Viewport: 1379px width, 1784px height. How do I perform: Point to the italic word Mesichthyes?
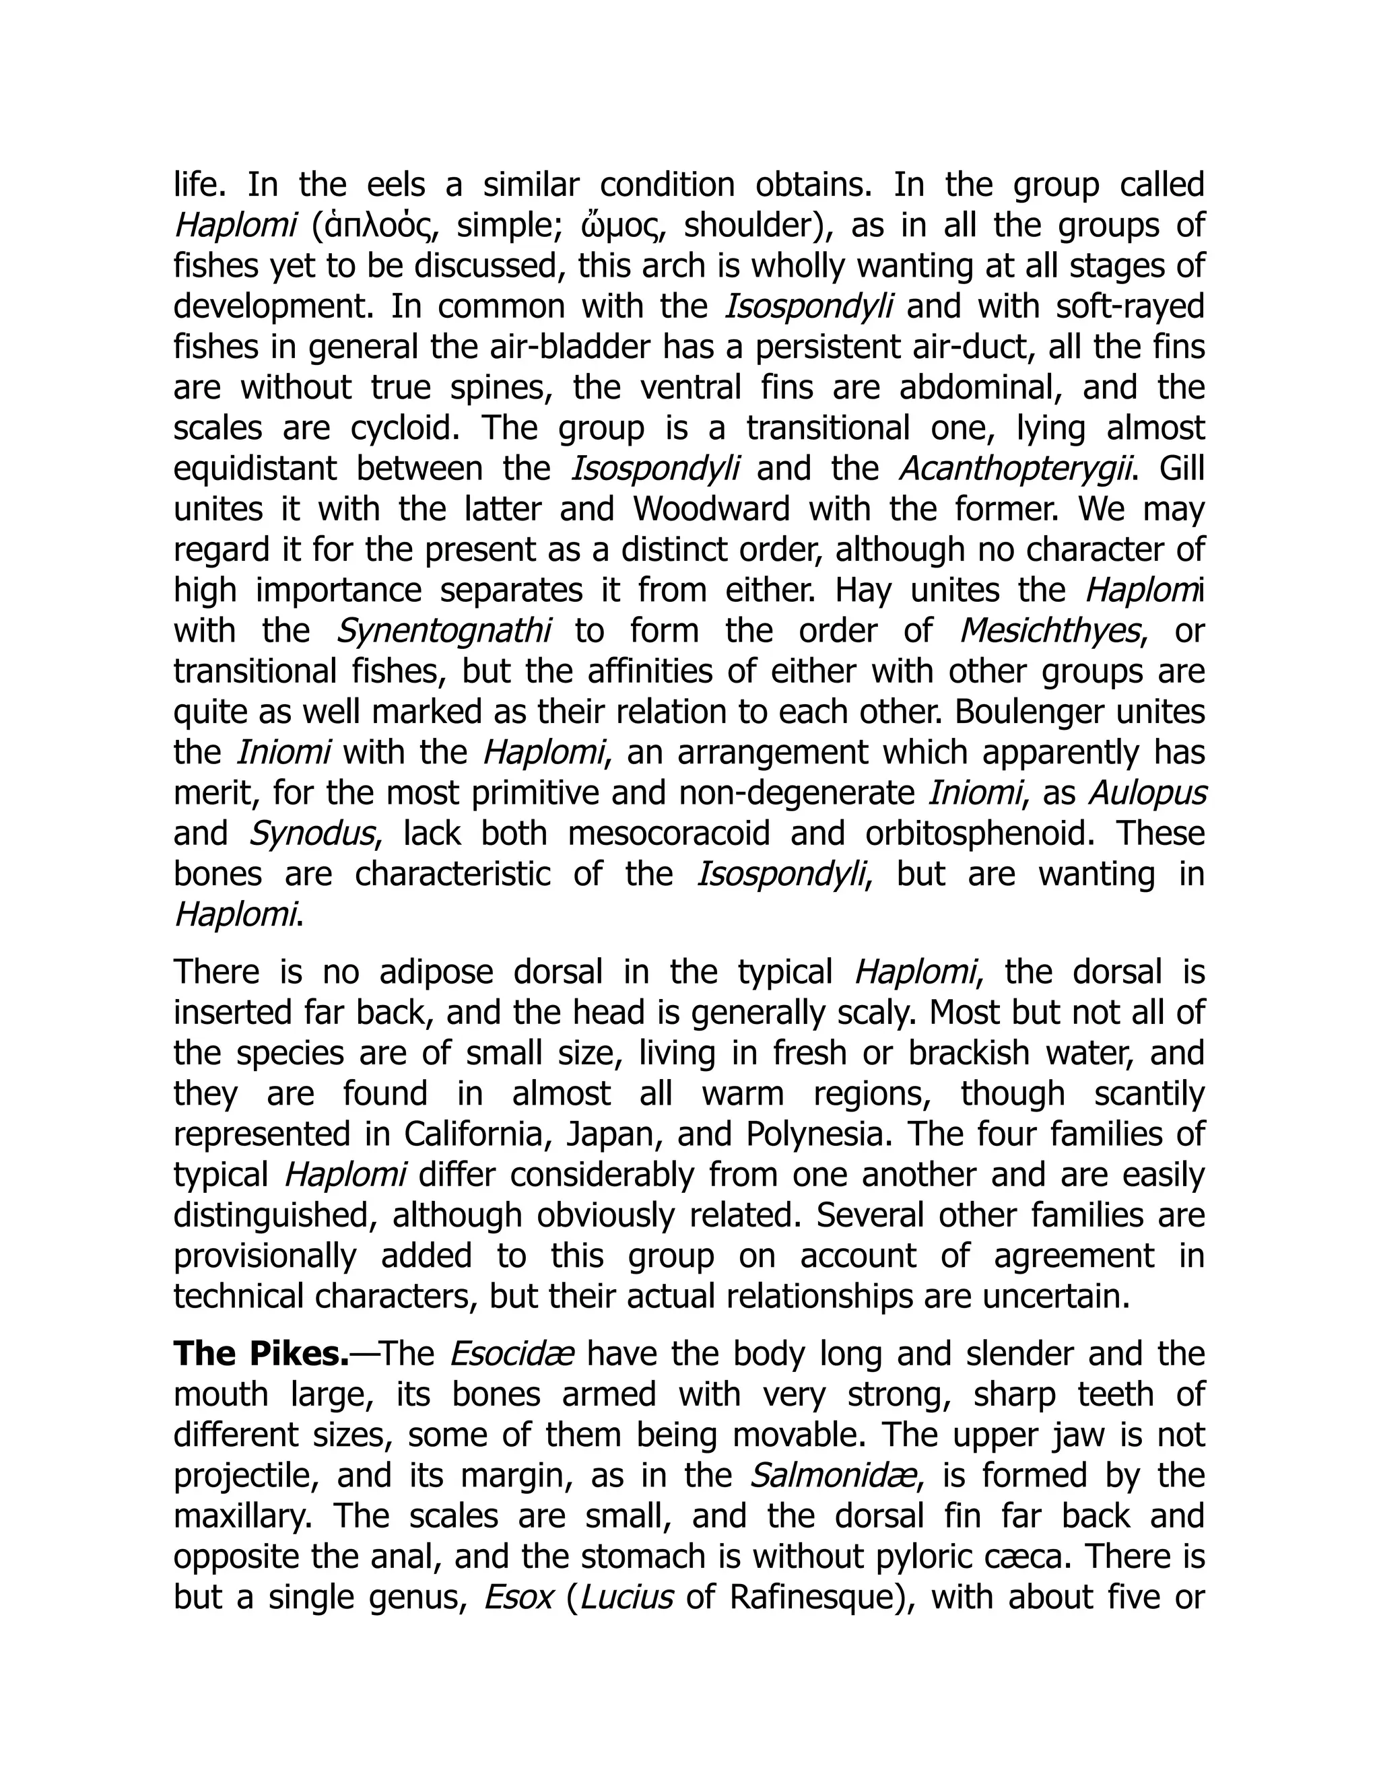point(1049,631)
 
